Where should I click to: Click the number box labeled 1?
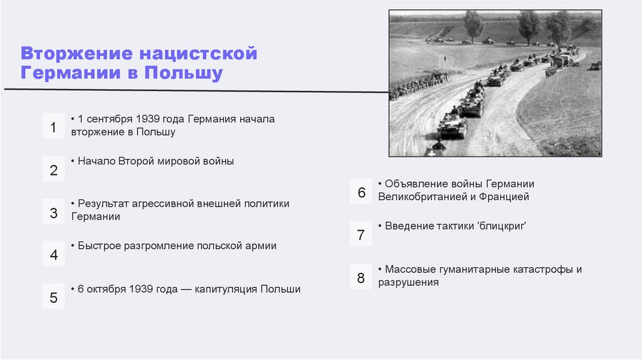[x=53, y=127]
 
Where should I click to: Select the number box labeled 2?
[x=53, y=170]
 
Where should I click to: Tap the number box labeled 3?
[x=53, y=213]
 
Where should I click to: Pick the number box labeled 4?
[x=53, y=255]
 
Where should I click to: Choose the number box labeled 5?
[x=53, y=297]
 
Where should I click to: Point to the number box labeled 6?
[x=361, y=193]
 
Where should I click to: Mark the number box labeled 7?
[x=361, y=235]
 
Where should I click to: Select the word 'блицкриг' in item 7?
[x=502, y=225]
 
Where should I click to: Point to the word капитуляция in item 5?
[x=226, y=289]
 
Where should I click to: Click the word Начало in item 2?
[x=96, y=161]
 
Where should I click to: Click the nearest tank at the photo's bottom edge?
[x=435, y=149]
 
